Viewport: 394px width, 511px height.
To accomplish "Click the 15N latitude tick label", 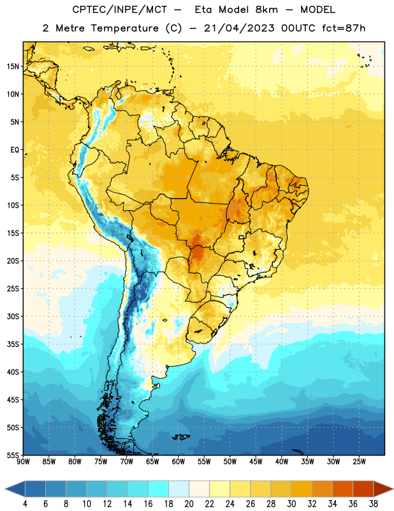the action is pos(13,66).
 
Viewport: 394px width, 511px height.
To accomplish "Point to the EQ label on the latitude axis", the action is pos(15,150).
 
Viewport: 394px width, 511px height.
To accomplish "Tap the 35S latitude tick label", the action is pos(13,344).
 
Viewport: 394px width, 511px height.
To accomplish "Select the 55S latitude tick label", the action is pos(13,455).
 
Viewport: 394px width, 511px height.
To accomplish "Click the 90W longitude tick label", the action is pos(23,462).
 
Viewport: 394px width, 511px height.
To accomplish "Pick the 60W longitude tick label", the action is pos(179,462).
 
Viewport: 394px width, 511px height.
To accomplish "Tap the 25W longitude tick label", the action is pos(359,462).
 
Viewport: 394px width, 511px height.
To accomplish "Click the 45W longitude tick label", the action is pos(256,462).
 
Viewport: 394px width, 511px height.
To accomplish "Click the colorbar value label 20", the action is pos(189,504).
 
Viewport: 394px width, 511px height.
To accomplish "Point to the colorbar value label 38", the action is pos(374,504).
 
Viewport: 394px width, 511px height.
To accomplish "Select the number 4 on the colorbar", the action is pos(25,504).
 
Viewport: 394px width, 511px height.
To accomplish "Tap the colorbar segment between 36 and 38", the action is pos(363,489).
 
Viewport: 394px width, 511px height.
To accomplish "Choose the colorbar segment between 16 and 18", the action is pos(158,489).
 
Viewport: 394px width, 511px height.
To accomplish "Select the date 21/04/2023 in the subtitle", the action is pos(239,28).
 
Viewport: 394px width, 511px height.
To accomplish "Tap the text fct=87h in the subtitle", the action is pos(344,28).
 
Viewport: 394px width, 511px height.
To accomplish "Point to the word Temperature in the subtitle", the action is pos(124,28).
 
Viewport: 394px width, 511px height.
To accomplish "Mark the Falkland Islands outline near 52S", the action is pos(180,437).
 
